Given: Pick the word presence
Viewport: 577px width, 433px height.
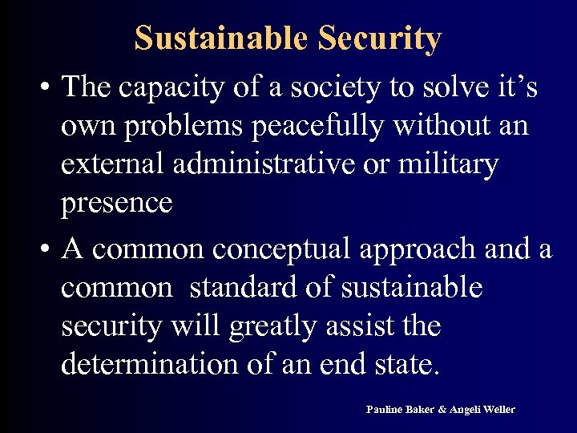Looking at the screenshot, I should tap(116, 203).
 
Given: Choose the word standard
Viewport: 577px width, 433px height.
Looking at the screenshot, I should tap(242, 289).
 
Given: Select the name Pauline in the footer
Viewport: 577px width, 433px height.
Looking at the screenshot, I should tap(382, 410).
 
